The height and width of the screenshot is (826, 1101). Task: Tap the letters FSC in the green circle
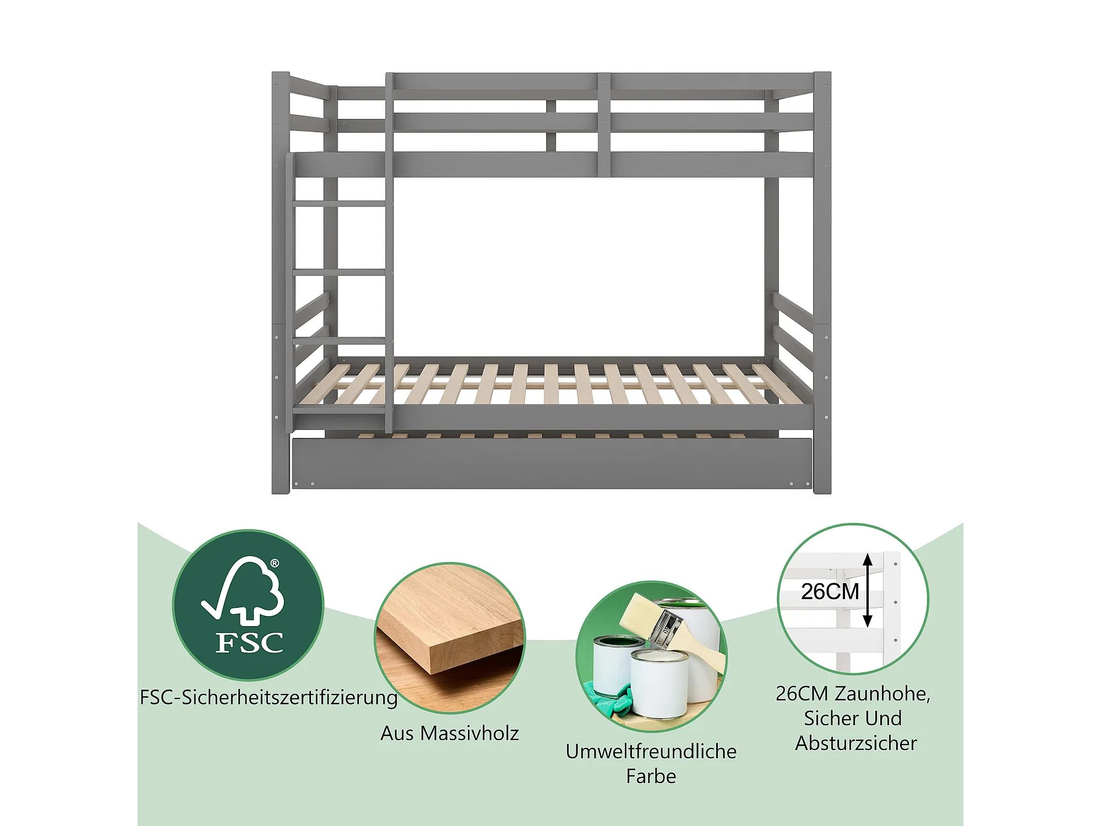(249, 643)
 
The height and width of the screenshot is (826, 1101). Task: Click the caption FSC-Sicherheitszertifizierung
(268, 697)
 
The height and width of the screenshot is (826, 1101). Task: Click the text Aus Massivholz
(450, 733)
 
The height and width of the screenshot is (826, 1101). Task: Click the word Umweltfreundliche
(651, 751)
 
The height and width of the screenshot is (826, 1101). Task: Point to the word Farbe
(651, 776)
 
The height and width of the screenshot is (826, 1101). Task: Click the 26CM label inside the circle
(830, 591)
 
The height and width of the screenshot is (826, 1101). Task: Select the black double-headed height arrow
(868, 590)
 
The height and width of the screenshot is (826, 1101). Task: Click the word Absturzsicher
(855, 743)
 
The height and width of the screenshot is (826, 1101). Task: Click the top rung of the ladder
(339, 204)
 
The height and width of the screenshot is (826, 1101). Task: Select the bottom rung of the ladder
(339, 410)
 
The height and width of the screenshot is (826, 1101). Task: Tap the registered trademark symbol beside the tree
(275, 563)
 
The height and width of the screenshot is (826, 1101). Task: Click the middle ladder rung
(339, 272)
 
